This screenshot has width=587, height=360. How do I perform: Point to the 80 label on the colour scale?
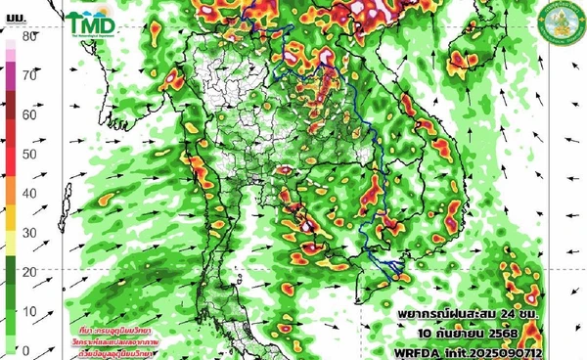(29, 36)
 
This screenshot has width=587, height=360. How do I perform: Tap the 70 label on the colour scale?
(29, 74)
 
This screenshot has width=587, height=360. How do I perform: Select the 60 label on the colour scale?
(29, 114)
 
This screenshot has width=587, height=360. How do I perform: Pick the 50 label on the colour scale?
(29, 154)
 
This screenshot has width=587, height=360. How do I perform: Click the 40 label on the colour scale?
(29, 193)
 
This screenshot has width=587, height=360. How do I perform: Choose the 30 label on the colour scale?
(29, 232)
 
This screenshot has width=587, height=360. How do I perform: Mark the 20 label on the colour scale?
(29, 271)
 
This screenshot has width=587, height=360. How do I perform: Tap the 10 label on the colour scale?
(29, 311)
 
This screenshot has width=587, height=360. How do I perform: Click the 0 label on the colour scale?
(29, 349)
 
